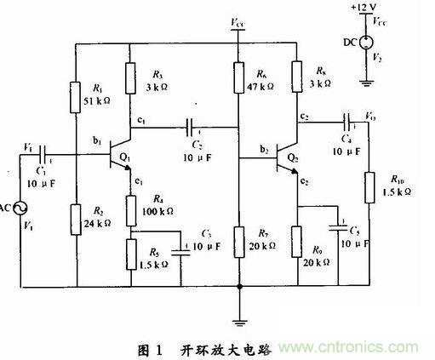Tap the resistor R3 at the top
coord(129,78)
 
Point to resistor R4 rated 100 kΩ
coord(130,208)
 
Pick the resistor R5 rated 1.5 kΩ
coord(130,253)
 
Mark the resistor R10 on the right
coord(369,187)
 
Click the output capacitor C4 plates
coord(347,118)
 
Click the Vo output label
coord(369,110)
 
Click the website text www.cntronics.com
coord(369,347)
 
